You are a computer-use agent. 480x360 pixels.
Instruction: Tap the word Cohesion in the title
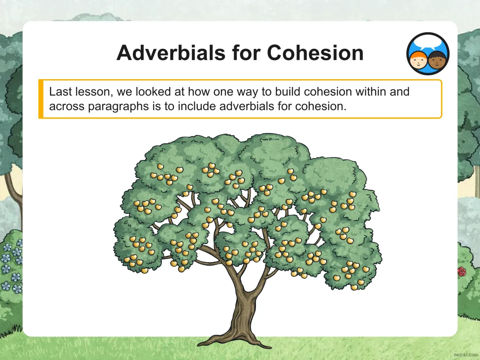point(315,52)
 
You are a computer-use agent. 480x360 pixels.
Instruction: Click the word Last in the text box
point(60,92)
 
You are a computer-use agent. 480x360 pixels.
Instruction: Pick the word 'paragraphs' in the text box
point(119,107)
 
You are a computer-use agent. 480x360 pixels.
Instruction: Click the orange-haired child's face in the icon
point(419,61)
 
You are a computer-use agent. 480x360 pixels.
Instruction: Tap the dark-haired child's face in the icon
point(437,60)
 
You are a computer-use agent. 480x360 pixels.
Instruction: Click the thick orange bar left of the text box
point(41,99)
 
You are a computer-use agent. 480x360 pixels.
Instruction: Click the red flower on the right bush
point(462,271)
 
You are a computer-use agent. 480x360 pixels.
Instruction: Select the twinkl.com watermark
point(466,355)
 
